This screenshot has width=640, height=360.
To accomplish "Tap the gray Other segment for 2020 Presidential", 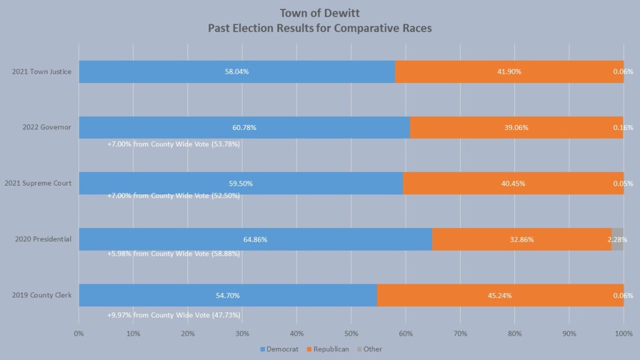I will pyautogui.click(x=617, y=239).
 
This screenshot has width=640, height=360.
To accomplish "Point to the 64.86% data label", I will pyautogui.click(x=255, y=239).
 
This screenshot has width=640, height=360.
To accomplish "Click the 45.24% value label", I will pyautogui.click(x=500, y=295).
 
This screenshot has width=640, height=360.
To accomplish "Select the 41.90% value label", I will pyautogui.click(x=509, y=72).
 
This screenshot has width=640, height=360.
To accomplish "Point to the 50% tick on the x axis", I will pyautogui.click(x=351, y=334).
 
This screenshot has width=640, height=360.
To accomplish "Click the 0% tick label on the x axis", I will pyautogui.click(x=79, y=334).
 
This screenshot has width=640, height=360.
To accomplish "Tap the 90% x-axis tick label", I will pyautogui.click(x=569, y=334).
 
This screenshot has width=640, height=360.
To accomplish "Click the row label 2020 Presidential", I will pyautogui.click(x=41, y=239).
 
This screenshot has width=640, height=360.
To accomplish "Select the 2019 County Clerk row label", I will pyautogui.click(x=41, y=295).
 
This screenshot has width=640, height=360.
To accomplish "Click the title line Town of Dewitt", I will pyautogui.click(x=320, y=13).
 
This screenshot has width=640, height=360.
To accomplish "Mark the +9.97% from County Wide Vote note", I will pyautogui.click(x=174, y=315).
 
